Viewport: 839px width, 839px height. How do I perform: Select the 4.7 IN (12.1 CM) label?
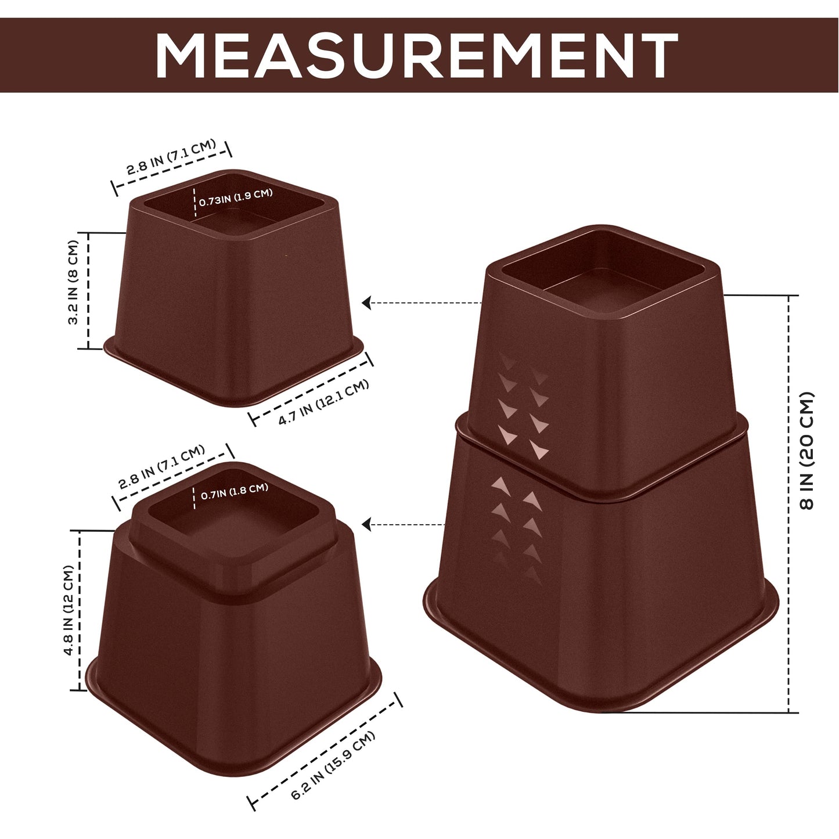coord(323,402)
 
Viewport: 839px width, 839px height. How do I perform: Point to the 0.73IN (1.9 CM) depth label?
coord(236,197)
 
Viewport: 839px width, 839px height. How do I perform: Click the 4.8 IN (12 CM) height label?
coord(69,611)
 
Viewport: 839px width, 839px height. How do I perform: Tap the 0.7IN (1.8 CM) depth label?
coord(235,492)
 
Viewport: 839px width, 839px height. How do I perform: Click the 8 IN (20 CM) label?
coord(808,451)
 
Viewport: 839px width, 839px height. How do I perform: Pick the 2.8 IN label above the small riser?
coord(171,157)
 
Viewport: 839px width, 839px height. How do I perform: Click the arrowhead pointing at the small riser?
coord(366,303)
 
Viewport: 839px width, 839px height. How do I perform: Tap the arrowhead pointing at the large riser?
coord(366,525)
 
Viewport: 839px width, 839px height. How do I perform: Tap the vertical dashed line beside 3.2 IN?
coord(88,290)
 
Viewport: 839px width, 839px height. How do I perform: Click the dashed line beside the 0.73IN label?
coord(194,201)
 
